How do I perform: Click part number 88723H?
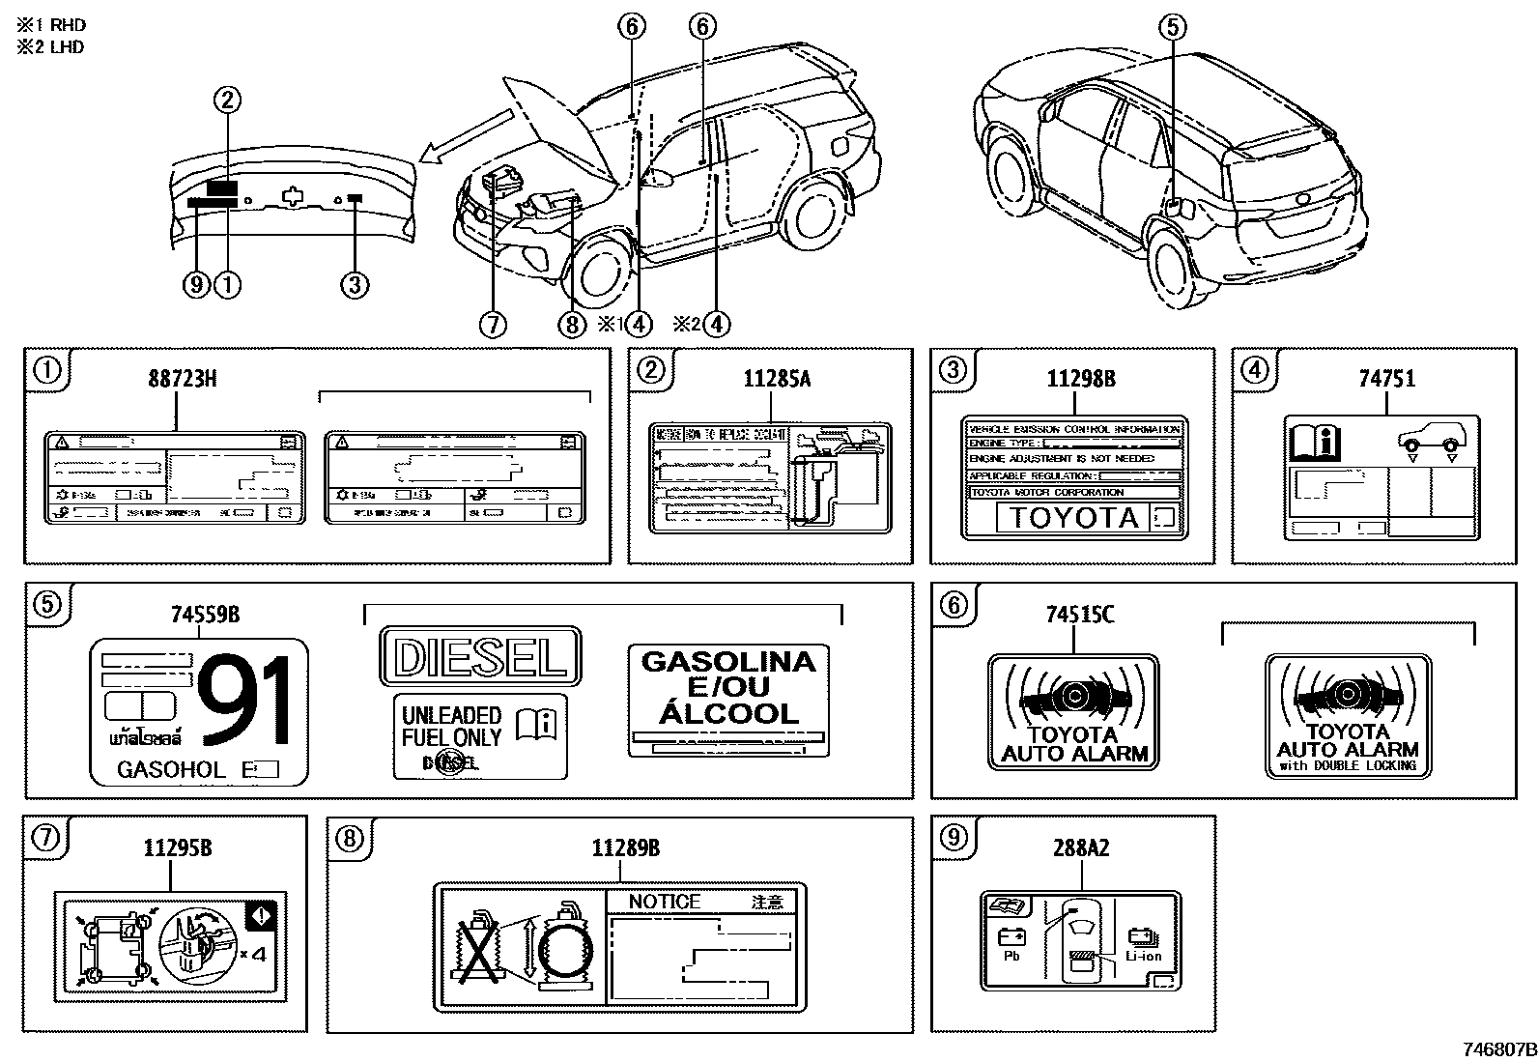(182, 379)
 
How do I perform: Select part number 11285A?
(777, 379)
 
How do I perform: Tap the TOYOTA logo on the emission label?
(1074, 518)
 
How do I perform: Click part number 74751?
(1387, 379)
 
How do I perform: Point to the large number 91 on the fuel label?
(245, 702)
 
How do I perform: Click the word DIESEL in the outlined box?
(481, 658)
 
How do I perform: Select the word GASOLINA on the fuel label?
(728, 662)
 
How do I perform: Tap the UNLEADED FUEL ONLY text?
(452, 727)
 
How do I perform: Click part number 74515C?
(1080, 614)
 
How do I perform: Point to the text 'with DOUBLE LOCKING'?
(1348, 765)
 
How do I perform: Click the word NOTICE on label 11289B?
(665, 902)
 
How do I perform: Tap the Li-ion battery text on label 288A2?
(1144, 956)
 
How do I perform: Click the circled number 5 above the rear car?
(1172, 27)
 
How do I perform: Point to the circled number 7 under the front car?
(492, 324)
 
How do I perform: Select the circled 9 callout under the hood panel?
(197, 284)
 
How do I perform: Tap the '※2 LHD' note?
(50, 47)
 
